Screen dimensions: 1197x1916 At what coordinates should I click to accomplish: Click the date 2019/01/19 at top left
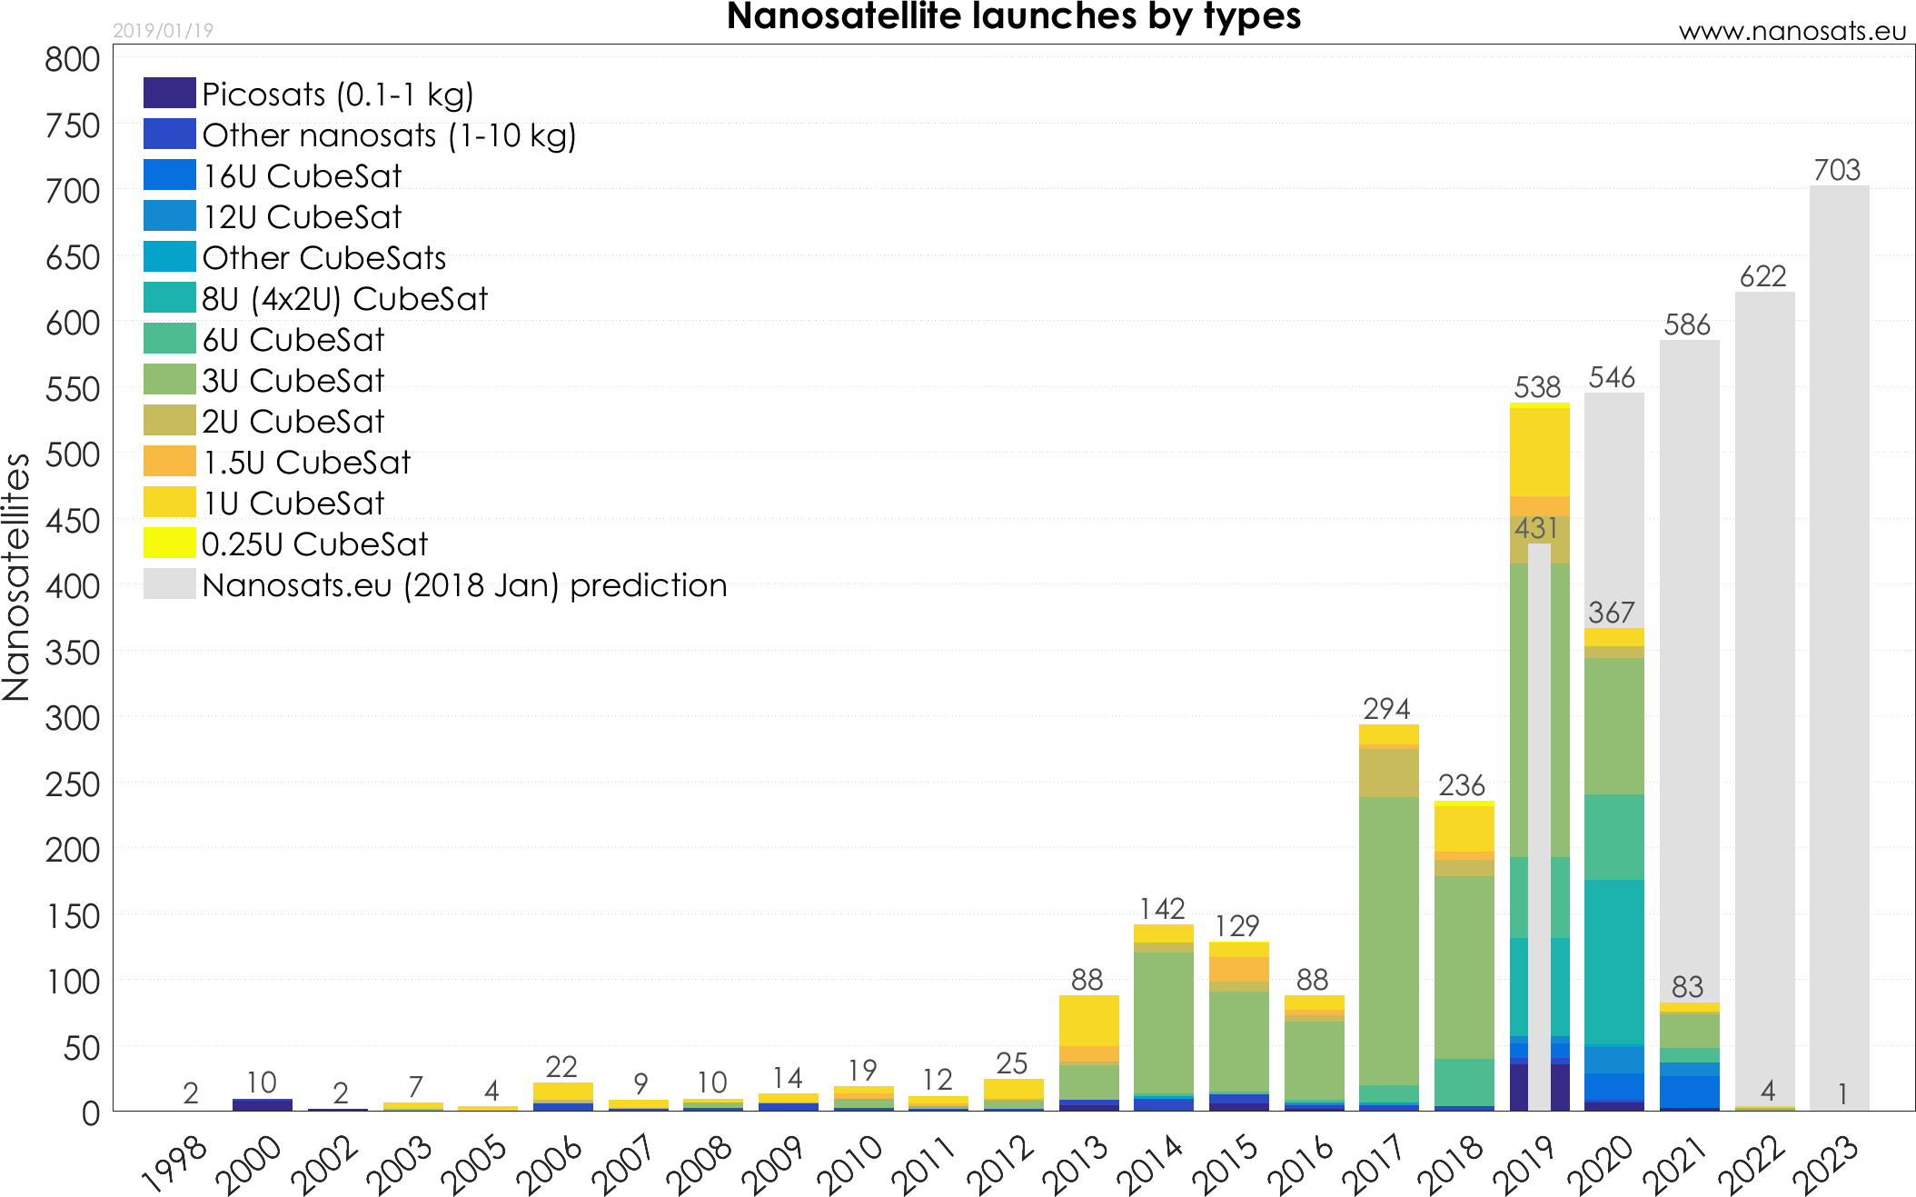coord(163,31)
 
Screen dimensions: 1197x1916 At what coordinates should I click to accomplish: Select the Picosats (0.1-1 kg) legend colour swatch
coord(169,93)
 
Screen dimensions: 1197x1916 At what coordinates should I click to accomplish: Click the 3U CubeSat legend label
coord(293,380)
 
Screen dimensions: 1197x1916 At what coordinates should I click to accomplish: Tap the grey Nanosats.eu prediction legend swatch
coord(169,584)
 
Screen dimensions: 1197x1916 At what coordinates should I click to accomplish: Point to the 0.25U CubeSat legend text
coord(314,544)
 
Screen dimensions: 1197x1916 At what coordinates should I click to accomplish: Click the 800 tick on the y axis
coord(73,59)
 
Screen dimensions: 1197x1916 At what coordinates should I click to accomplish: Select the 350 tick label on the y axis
coord(73,653)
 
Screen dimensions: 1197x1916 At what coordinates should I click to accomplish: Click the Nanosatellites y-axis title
coord(16,577)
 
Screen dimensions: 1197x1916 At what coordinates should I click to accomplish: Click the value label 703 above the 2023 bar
coord(1837,170)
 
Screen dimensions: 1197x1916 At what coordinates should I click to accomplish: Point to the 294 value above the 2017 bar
coord(1386,708)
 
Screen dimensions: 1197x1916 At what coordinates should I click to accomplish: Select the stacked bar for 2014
coord(1163,1018)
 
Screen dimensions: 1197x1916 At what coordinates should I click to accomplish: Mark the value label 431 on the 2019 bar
coord(1536,528)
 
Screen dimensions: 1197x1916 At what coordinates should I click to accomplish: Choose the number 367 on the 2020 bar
coord(1612,613)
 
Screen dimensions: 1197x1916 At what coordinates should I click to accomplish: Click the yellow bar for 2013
coord(1088,1021)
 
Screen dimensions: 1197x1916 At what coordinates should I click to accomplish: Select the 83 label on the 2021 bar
coord(1687,986)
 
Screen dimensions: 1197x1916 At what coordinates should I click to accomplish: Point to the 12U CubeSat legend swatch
coord(169,215)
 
